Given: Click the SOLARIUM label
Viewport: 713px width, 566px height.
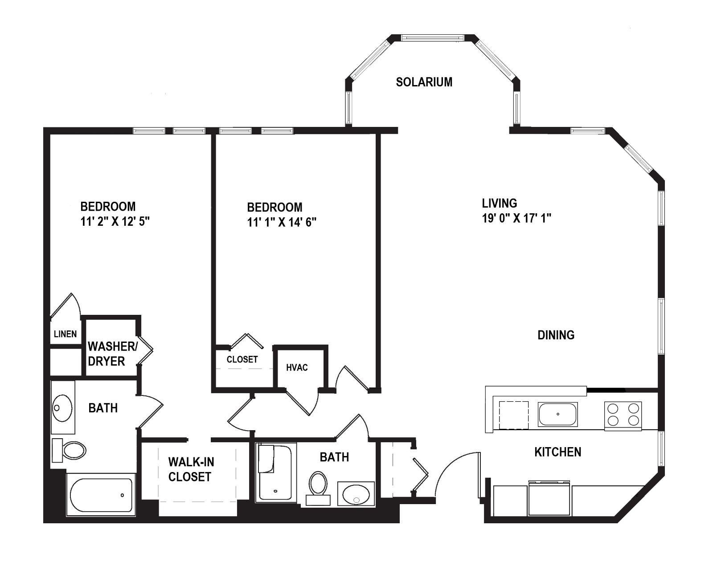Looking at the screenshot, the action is pos(424,82).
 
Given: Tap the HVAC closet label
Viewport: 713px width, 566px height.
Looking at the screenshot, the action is pos(297,367).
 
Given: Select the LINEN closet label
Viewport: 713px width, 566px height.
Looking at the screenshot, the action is pos(65,334).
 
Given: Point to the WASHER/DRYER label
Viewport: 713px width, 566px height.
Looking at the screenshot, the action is pos(113,354).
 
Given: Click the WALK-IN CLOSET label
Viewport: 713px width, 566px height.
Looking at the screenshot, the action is pos(191,469).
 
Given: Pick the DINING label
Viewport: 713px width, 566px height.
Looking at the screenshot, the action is pos(556,335).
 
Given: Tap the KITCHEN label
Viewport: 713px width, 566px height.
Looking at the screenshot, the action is pos(558,452).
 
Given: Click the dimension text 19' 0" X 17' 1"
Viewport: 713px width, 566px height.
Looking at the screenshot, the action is pos(516,218).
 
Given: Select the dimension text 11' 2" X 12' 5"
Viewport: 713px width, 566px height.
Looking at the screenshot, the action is pos(115,222).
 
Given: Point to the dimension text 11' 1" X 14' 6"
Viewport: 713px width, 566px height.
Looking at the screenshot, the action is pos(282,222).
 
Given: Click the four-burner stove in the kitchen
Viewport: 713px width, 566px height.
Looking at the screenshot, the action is pos(623,416).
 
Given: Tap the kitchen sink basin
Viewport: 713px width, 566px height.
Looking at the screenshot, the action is pos(558,414).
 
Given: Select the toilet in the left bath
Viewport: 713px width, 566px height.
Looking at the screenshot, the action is pos(69,450).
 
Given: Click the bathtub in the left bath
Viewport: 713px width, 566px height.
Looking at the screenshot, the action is pos(101,495).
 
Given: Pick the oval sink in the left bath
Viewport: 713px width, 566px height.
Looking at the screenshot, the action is pos(63,408).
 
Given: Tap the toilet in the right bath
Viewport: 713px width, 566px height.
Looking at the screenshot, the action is pos(318,488).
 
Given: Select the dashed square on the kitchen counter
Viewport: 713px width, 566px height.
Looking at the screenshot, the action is pos(514,415).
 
